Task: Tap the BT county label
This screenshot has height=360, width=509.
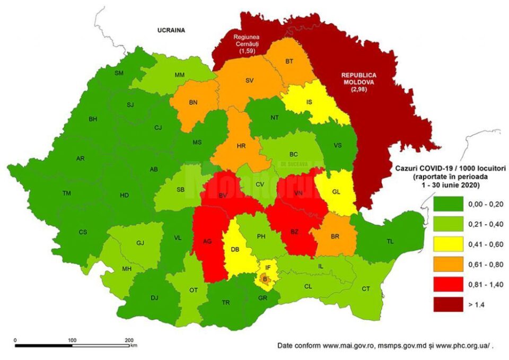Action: coord(289,62)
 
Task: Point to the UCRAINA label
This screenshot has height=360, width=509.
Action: coord(171,30)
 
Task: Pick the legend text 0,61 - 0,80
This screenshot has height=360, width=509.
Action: coord(480,264)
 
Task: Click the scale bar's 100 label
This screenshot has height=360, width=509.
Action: coord(73,340)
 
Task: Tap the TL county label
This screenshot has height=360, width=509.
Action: coord(390,241)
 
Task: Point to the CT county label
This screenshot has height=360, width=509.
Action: coord(366,288)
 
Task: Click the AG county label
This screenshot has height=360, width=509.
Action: coord(207,241)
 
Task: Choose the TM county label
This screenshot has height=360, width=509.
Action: coord(66,194)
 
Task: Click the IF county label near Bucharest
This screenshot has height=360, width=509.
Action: coord(268,268)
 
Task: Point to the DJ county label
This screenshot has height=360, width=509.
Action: coord(154,298)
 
